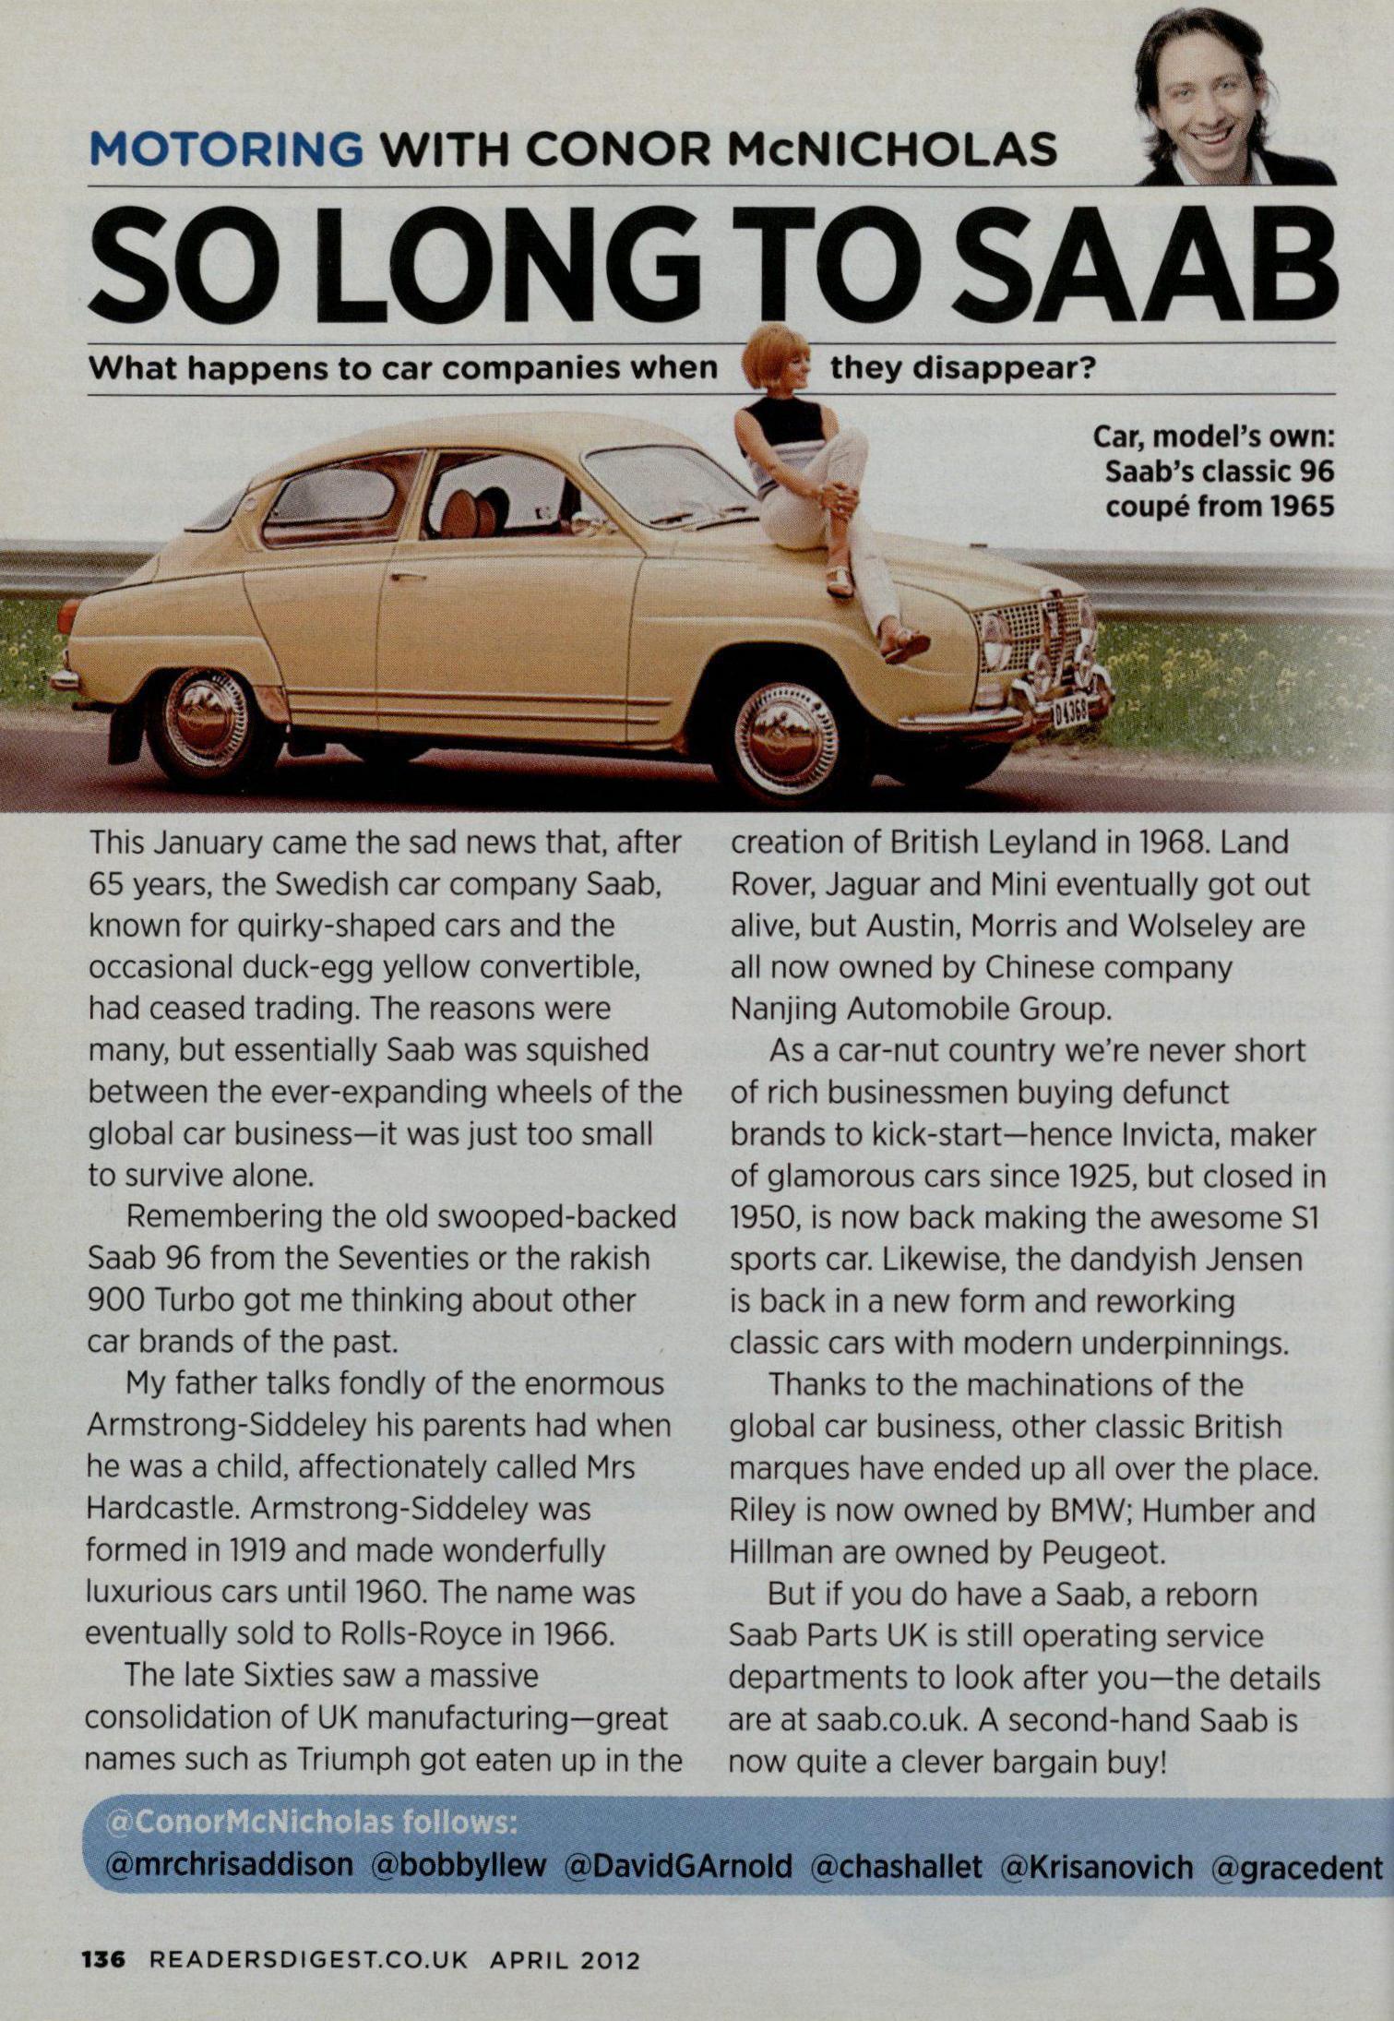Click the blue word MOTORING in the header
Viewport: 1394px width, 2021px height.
pos(226,150)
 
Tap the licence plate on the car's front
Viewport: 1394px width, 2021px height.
pos(1070,711)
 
